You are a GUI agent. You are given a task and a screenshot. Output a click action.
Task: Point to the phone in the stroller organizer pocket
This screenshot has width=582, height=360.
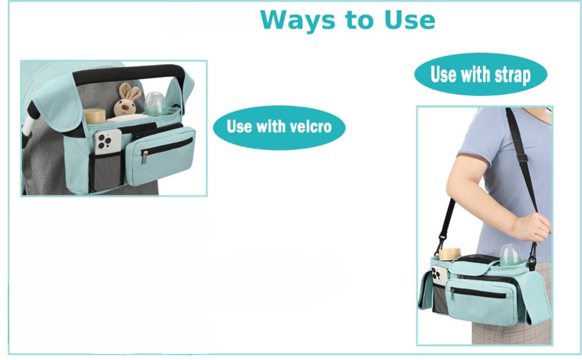[107, 141]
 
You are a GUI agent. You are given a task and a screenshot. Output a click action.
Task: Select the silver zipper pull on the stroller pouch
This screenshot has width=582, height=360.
[145, 157]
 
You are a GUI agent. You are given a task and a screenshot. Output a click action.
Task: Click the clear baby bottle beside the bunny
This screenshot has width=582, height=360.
[155, 104]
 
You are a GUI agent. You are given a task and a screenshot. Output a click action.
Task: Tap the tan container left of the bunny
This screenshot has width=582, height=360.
[95, 116]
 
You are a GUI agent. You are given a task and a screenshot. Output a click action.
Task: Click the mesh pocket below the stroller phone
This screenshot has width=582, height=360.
[107, 172]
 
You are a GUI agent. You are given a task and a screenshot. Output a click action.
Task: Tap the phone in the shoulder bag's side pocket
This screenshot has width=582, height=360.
[440, 276]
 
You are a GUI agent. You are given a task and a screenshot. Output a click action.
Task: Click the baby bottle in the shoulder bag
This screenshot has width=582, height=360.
[511, 254]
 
